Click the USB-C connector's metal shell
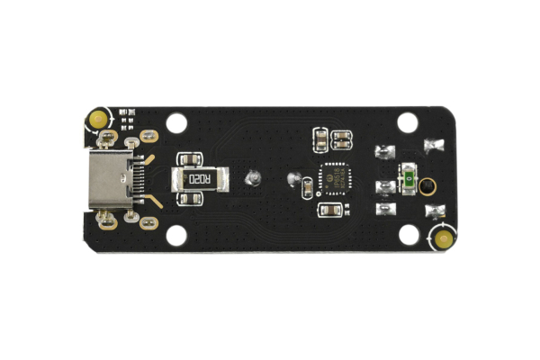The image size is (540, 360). coord(106,179)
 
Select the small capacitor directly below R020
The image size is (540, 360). coord(188,199)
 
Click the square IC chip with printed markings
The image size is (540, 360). coord(333,179)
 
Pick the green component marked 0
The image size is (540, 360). coord(408,180)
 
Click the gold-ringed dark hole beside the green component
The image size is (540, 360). coord(427,186)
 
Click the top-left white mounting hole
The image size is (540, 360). coord(176,121)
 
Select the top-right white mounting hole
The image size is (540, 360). coord(408,121)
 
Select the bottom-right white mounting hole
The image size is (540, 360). coord(408,234)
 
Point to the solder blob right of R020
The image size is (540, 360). coord(252,178)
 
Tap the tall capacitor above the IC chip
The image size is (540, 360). coord(319,139)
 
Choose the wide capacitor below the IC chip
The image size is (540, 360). coord(330,210)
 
